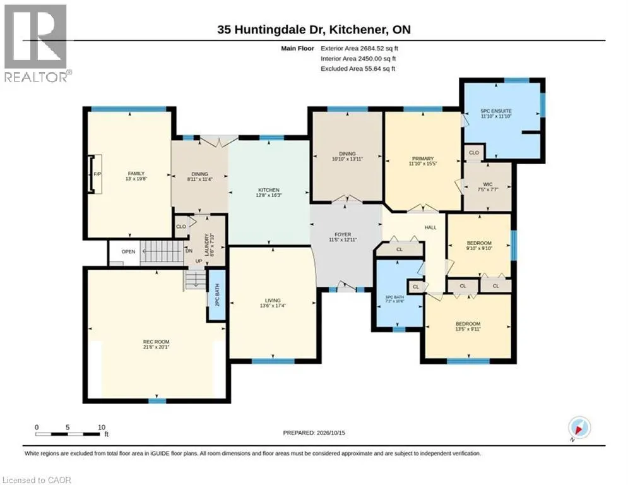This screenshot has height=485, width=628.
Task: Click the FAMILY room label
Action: [x=136, y=174]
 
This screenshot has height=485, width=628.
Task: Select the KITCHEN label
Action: [x=269, y=190]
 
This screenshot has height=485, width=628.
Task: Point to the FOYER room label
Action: [x=343, y=234]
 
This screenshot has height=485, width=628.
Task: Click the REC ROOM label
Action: [x=156, y=342]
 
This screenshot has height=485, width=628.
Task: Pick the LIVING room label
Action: [x=273, y=300]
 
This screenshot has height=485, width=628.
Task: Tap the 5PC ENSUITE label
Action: [x=496, y=111]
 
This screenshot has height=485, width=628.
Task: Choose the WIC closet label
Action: [x=488, y=184]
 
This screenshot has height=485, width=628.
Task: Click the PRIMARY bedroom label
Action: [x=423, y=159]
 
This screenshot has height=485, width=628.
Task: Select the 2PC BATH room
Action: [x=217, y=295]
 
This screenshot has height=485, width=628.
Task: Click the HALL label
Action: [x=430, y=227]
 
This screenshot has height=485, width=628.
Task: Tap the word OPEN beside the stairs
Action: [x=128, y=252]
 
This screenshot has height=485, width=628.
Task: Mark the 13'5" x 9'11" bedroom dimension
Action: [x=468, y=329]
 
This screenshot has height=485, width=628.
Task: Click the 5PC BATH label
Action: [x=394, y=297]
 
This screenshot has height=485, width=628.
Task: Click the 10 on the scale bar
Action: [x=102, y=428]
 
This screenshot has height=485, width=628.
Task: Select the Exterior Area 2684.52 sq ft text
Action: [x=359, y=49]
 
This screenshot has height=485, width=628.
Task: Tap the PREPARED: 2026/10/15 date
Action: [x=314, y=433]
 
